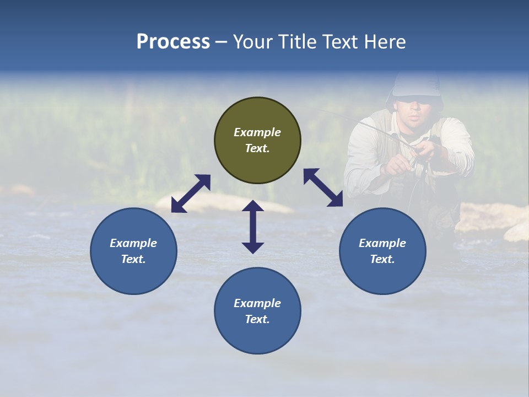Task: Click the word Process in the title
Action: pos(173,41)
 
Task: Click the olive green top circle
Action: pos(257,141)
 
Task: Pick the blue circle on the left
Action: pos(133,251)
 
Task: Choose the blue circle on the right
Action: pos(382,251)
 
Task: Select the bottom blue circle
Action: pos(257,311)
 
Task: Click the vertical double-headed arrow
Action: pos(253,227)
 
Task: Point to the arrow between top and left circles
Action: pos(191,193)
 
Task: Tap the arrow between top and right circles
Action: pos(323,187)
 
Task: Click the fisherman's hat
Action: pos(415,85)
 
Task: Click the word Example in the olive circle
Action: pos(257,132)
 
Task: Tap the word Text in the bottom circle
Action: pos(257,319)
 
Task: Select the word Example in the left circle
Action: pos(133,243)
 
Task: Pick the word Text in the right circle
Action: pos(382,259)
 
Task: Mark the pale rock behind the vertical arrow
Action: pos(220,203)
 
